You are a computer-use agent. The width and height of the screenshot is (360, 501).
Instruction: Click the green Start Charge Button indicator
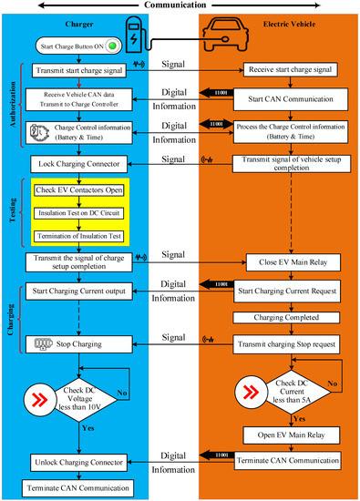pos(112,46)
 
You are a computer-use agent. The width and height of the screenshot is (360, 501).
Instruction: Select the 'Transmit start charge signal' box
pos(80,69)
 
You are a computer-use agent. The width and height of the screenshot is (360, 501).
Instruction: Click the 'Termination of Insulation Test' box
pos(80,236)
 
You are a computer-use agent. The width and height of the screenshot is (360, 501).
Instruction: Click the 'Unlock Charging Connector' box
pos(80,463)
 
